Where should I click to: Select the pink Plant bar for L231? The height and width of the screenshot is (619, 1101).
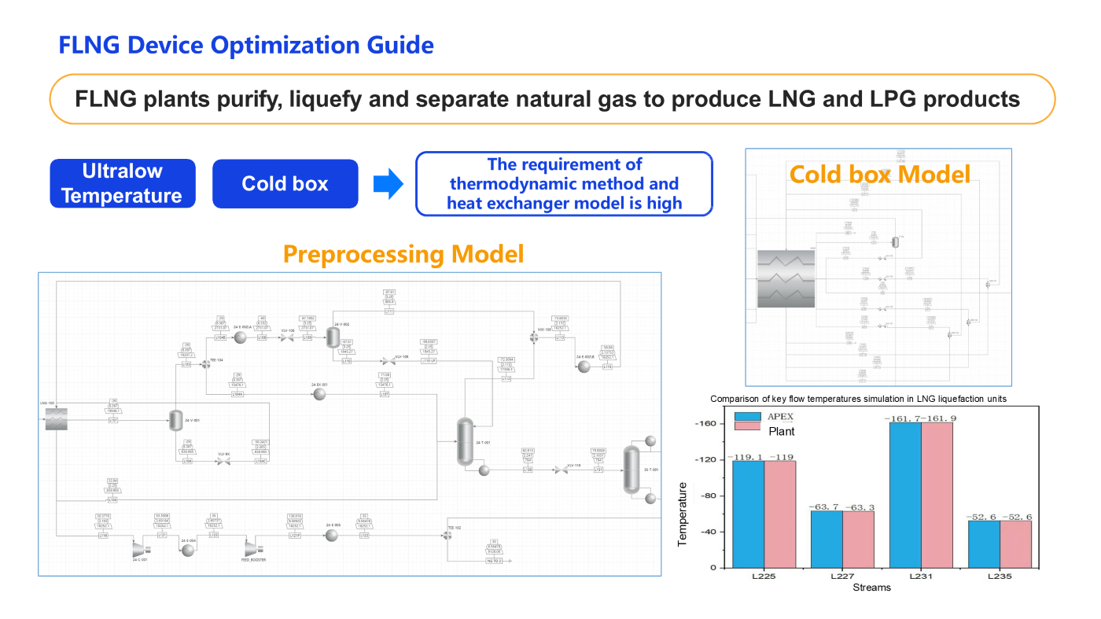click(x=937, y=495)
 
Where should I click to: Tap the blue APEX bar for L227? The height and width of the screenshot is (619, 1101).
click(x=827, y=539)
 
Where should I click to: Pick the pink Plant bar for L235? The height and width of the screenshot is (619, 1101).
click(x=1015, y=543)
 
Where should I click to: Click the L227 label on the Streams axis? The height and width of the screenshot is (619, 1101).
click(x=842, y=577)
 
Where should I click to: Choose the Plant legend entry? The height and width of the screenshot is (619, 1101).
click(x=782, y=431)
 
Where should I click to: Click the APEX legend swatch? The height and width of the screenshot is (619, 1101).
click(x=748, y=418)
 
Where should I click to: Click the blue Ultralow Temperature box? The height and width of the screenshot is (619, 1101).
click(x=123, y=183)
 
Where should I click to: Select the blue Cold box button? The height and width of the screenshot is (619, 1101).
click(x=285, y=183)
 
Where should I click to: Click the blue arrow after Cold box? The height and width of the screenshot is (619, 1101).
click(x=388, y=184)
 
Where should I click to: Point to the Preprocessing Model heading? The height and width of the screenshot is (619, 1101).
click(x=403, y=254)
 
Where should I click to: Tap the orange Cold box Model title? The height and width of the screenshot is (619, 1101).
click(x=879, y=174)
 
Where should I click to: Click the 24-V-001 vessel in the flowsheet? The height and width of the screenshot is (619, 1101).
click(x=175, y=421)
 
